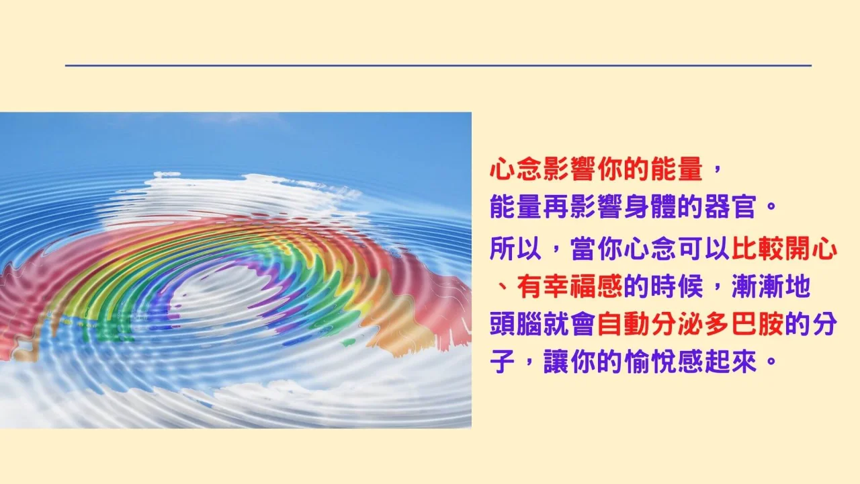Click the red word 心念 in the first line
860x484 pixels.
(516, 169)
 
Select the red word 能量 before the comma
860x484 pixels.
(677, 169)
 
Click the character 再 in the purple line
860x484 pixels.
(556, 207)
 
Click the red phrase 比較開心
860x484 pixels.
(784, 249)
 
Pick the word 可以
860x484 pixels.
(703, 249)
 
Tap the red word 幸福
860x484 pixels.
(569, 286)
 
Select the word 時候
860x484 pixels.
(677, 286)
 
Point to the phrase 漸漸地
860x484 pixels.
(771, 286)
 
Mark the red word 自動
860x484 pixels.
(623, 325)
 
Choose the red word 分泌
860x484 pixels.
(677, 325)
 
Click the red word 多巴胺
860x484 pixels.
(744, 325)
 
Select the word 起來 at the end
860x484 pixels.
(730, 362)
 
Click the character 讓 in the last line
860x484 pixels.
(556, 362)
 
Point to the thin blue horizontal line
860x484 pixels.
(439, 66)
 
